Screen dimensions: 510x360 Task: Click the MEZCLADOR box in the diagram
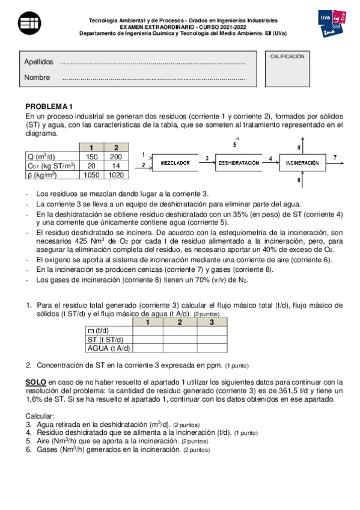click(175, 163)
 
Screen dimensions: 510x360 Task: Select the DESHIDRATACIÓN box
click(238, 163)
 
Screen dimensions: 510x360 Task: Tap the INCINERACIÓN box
click(302, 163)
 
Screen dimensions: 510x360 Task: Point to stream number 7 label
click(334, 158)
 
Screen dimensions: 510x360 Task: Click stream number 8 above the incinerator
click(299, 147)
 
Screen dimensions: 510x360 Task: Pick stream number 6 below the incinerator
click(299, 180)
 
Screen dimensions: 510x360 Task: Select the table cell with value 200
click(115, 156)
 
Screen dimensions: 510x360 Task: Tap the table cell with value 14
click(115, 166)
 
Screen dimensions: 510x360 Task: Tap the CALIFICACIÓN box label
click(287, 56)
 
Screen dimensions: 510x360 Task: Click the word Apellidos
click(38, 62)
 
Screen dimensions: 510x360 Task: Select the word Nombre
click(37, 78)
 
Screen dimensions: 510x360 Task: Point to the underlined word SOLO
click(35, 382)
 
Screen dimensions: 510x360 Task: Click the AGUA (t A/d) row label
click(109, 348)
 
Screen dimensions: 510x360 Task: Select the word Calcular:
click(39, 416)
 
